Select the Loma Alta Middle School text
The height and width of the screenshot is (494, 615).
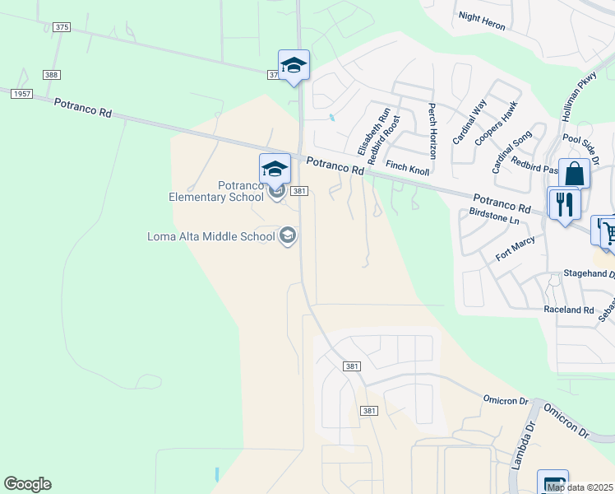point(210,237)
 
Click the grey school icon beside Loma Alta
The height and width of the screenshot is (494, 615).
point(287,236)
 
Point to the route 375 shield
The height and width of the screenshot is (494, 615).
point(62,27)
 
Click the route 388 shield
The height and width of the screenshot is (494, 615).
point(53,75)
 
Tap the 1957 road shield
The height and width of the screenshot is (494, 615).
point(21,94)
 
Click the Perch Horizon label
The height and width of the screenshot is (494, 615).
point(432,131)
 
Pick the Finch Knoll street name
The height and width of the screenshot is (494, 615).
point(408,167)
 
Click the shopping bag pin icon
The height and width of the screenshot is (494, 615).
point(574,175)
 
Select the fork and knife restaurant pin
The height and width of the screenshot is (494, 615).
point(564,203)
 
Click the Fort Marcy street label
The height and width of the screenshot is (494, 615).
point(516,249)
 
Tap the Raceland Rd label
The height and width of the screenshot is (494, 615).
point(568,310)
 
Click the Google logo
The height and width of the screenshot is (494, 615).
point(27,484)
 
